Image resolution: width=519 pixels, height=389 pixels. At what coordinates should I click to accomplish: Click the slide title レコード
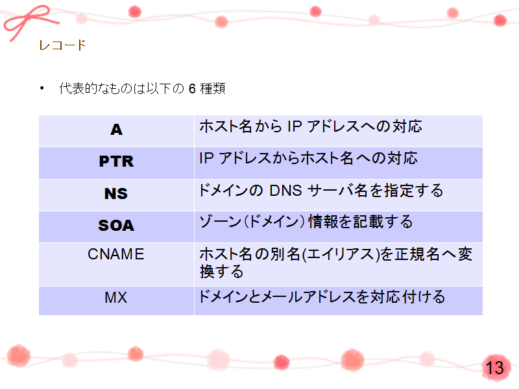[x=62, y=45]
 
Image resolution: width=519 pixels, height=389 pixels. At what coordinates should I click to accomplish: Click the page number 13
[x=494, y=368]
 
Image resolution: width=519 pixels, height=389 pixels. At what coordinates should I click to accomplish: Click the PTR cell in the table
[x=116, y=161]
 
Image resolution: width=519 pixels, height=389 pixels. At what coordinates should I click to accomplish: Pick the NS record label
[x=116, y=193]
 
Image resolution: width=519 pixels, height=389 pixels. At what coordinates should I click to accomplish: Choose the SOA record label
[x=116, y=226]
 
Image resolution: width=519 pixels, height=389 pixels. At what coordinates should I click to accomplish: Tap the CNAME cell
[x=116, y=254]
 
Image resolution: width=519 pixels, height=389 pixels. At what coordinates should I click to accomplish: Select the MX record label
[x=116, y=297]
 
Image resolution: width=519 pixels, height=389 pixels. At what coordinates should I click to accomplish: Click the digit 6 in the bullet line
[x=192, y=89]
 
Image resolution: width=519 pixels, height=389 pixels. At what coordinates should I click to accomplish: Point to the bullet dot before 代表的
[x=42, y=88]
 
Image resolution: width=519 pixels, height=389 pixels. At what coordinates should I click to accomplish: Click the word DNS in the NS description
[x=285, y=191]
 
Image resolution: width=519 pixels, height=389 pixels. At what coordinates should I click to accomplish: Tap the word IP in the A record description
[x=295, y=126]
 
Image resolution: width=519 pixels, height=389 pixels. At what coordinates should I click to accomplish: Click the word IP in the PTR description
[x=206, y=158]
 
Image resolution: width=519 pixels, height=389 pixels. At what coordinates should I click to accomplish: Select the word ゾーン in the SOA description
[x=220, y=222]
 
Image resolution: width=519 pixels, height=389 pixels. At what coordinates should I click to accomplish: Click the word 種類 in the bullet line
[x=213, y=89]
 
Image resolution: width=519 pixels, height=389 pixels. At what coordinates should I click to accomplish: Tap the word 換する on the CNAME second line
[x=221, y=272]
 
